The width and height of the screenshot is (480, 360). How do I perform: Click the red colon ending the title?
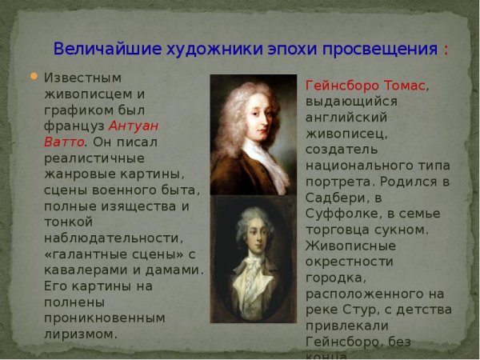[x=445, y=50]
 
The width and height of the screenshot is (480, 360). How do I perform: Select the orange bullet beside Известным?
[x=34, y=77]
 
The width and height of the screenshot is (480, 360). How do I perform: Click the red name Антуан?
[x=134, y=126]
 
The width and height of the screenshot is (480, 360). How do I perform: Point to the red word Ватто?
[x=64, y=142]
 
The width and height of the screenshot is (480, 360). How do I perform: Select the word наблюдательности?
[x=113, y=238]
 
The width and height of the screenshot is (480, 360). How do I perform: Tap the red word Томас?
[x=403, y=86]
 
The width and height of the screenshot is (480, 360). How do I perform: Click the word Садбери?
[x=334, y=198]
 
